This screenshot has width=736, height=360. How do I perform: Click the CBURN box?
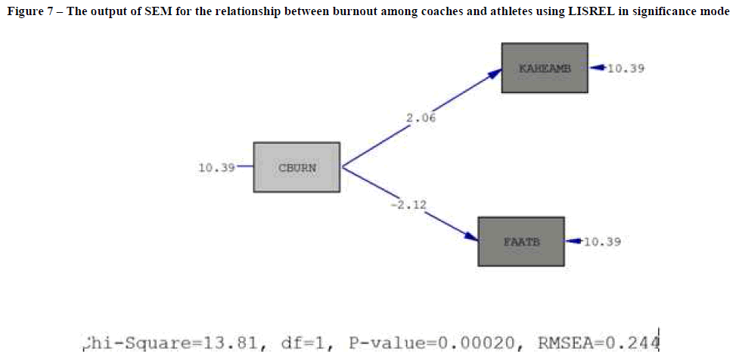coord(297,167)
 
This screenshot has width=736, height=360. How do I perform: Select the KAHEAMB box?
coord(545,68)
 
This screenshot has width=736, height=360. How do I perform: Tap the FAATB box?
coord(520,241)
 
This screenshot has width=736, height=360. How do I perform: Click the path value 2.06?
coord(421,118)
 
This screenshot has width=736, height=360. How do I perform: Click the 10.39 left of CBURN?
coord(216,168)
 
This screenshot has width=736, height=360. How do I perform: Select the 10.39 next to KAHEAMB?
coord(626,68)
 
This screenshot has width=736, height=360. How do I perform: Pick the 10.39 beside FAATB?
coord(603,241)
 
